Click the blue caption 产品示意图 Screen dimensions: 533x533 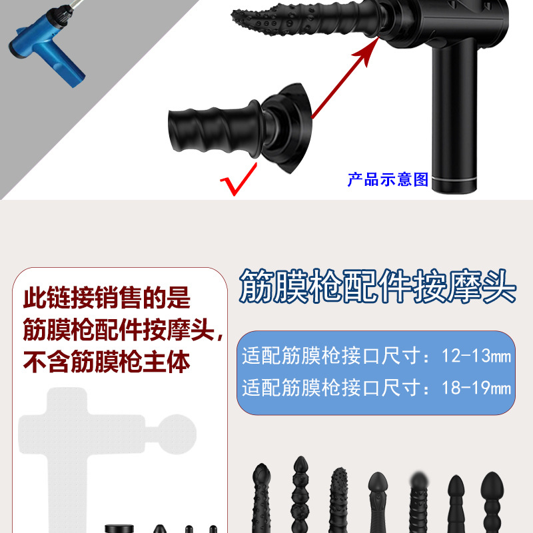(387, 179)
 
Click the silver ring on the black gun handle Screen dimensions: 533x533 (456, 181)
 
